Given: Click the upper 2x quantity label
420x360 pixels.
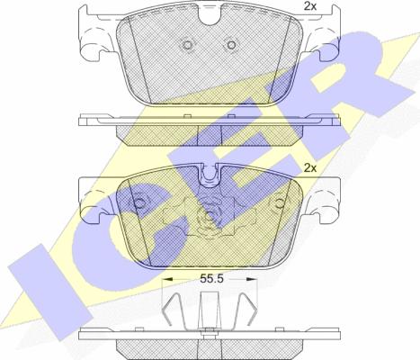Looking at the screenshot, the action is [x=310, y=6].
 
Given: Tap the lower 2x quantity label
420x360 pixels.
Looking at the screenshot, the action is [x=310, y=168].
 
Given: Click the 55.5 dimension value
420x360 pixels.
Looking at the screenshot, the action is [x=212, y=279].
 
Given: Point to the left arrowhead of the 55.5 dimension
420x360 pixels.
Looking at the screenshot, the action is [x=167, y=279].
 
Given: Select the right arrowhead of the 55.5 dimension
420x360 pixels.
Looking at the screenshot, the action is [x=252, y=279].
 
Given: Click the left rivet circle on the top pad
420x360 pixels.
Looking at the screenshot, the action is [x=188, y=45].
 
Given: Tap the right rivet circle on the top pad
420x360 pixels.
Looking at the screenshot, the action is [x=231, y=45].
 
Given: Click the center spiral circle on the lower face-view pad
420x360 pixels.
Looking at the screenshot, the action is [x=209, y=215].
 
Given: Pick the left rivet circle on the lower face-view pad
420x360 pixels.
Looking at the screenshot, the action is [x=139, y=203].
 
